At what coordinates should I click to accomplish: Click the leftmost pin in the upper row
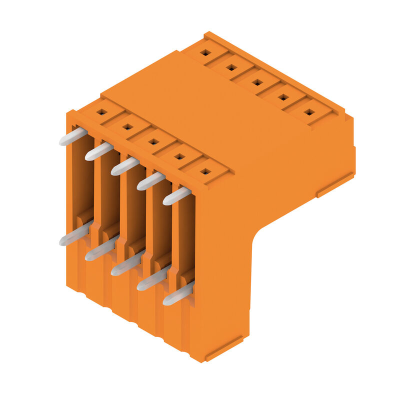[73, 136]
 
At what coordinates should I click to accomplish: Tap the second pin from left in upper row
[99, 151]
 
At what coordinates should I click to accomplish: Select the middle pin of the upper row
[125, 166]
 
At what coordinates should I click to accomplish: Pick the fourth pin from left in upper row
[151, 180]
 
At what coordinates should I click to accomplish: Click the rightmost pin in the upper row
[177, 195]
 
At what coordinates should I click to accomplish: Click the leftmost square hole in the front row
[101, 112]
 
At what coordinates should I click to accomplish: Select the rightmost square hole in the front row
[205, 171]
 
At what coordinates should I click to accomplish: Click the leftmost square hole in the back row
[205, 52]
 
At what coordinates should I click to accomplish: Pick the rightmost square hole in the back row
[309, 112]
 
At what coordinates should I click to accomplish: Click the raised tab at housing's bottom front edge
[224, 348]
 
